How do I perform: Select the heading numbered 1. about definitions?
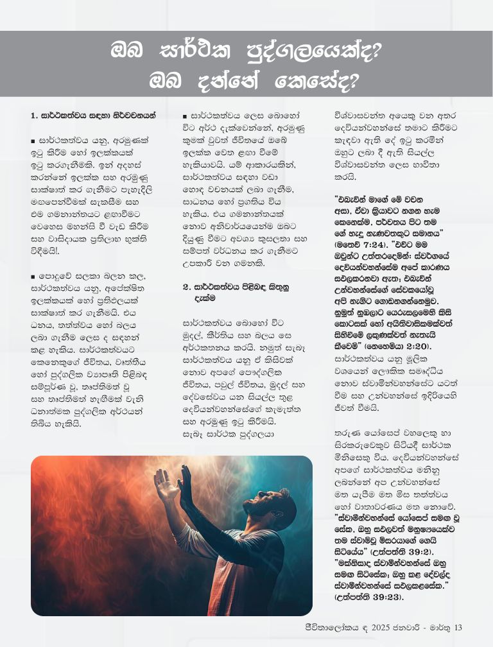[x=93, y=116]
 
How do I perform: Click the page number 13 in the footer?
[x=458, y=627]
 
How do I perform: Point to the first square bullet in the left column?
[x=33, y=139]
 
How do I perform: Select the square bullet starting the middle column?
[x=185, y=116]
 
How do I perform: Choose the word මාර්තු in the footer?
[x=438, y=627]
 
